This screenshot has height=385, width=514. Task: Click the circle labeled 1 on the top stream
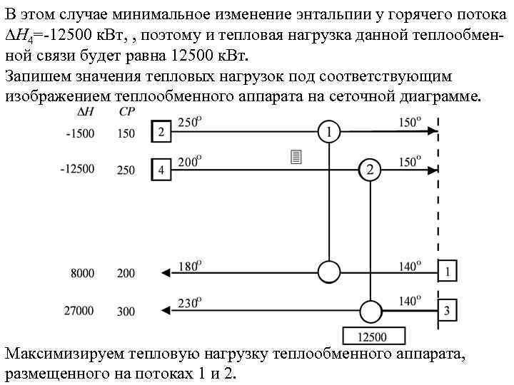(328, 132)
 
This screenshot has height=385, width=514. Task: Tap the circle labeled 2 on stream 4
(369, 170)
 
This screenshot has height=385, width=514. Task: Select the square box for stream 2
(161, 132)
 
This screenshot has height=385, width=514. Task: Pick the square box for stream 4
(161, 170)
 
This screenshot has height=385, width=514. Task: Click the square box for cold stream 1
(447, 272)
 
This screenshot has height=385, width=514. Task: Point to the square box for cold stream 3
(447, 310)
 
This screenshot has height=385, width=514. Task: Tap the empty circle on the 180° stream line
(328, 272)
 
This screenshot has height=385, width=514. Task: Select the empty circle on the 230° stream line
(370, 310)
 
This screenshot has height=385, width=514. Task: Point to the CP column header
(127, 112)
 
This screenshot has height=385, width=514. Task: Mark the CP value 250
(126, 170)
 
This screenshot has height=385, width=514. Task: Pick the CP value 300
(126, 311)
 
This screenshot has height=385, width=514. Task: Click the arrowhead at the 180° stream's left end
(166, 272)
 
